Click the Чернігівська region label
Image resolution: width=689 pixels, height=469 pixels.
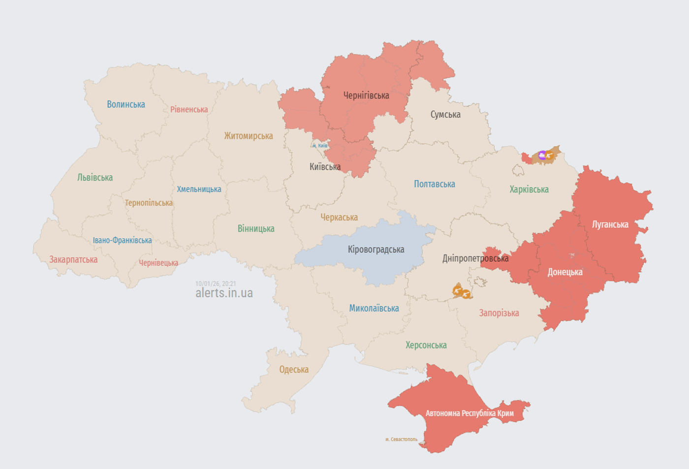click(x=366, y=95)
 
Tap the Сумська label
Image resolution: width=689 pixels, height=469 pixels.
click(x=445, y=115)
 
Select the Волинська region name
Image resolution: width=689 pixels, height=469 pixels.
click(x=126, y=104)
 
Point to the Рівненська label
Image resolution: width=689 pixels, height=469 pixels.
click(x=189, y=109)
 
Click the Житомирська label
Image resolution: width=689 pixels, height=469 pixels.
click(x=249, y=136)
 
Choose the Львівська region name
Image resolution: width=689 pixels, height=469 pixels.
click(x=95, y=178)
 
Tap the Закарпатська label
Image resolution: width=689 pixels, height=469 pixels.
click(x=73, y=259)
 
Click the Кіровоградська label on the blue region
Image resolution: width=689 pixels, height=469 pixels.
click(x=376, y=250)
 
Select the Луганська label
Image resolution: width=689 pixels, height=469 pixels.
click(x=610, y=224)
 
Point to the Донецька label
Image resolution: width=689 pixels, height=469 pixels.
click(x=565, y=272)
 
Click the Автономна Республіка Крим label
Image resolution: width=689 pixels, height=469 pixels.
click(x=470, y=413)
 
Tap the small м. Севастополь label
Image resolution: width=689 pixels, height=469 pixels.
click(x=401, y=439)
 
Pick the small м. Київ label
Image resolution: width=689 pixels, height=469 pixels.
click(x=320, y=146)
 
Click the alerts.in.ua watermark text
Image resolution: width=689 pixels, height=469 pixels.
click(x=224, y=293)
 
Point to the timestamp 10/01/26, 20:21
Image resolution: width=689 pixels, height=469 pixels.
click(x=216, y=284)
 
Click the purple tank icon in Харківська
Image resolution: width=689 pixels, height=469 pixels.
click(x=542, y=156)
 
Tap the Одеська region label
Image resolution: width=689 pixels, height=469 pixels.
click(x=294, y=370)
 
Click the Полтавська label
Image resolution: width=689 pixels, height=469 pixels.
click(x=435, y=184)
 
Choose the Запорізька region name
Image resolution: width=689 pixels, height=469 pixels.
click(x=499, y=313)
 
